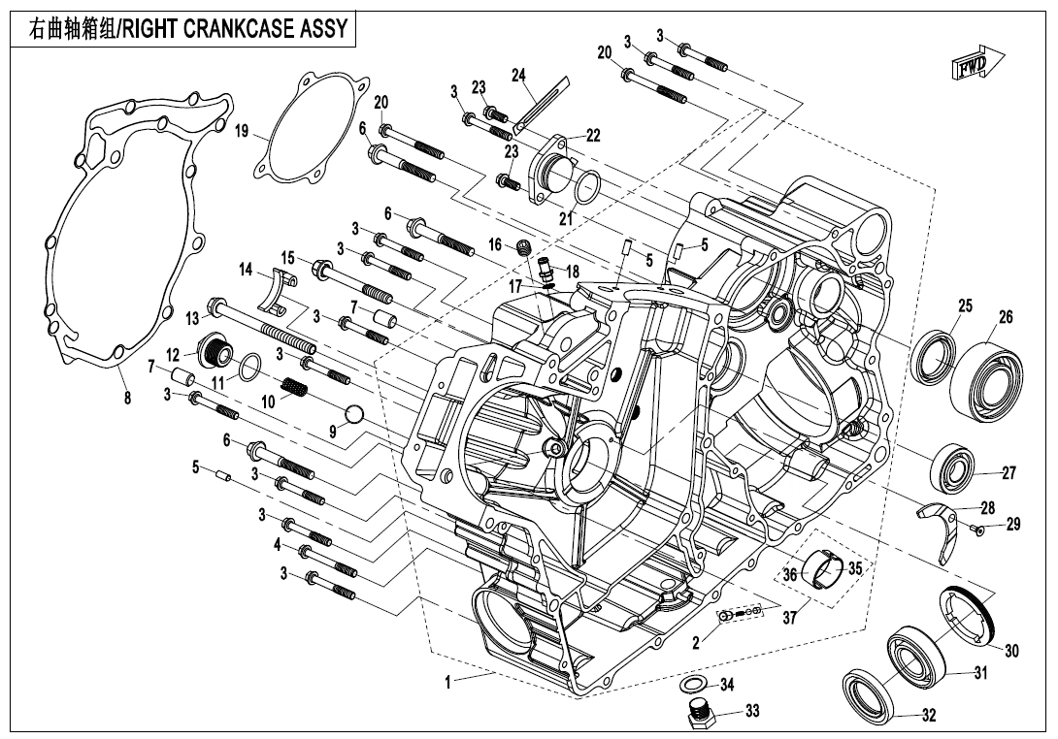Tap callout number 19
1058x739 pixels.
click(x=242, y=132)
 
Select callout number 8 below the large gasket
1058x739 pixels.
click(x=127, y=396)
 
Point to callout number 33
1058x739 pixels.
click(x=752, y=711)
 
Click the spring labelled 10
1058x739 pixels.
click(x=293, y=390)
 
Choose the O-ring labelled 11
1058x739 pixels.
click(x=248, y=367)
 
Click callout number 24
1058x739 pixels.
click(x=518, y=75)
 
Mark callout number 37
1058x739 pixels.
click(x=790, y=617)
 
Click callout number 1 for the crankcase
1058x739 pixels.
click(x=447, y=683)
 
